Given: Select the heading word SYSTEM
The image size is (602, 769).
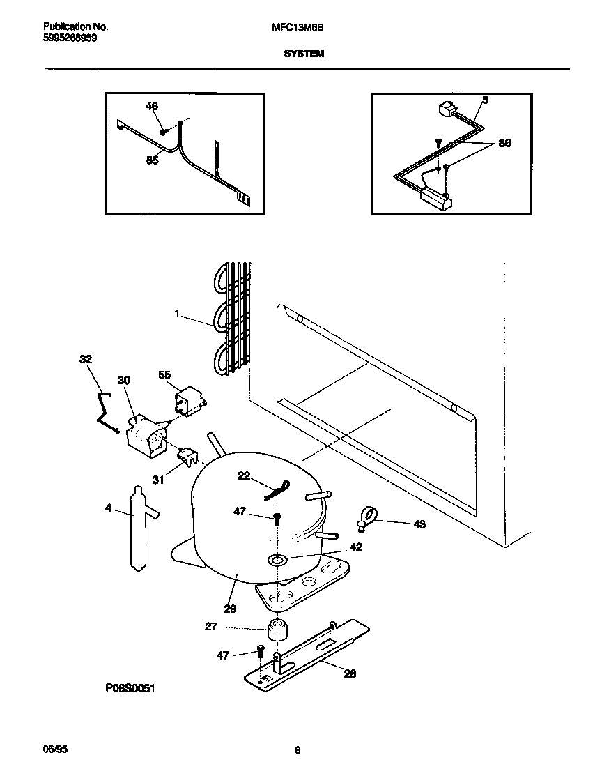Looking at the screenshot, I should [304, 53].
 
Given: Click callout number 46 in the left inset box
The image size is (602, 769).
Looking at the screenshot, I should [151, 106].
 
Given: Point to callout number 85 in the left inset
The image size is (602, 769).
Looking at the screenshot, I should [152, 160].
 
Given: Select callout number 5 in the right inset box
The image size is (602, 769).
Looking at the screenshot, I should [485, 100].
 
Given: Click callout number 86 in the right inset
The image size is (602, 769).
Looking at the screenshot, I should [504, 143].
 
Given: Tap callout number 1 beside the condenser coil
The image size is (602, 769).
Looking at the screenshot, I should [178, 315].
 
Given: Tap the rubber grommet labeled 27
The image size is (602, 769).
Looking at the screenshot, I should [278, 629].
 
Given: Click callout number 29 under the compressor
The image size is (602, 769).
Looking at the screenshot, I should [230, 608].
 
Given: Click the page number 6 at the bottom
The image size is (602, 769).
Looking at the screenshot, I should [298, 750].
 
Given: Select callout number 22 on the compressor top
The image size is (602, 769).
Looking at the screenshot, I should [244, 475].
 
